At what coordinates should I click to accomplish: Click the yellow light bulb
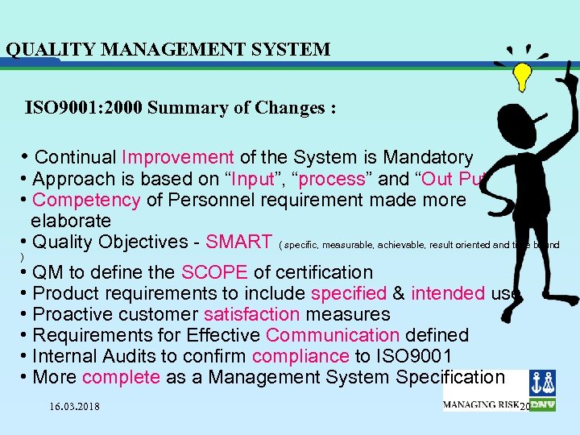pyautogui.click(x=522, y=77)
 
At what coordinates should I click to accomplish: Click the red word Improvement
pyautogui.click(x=178, y=157)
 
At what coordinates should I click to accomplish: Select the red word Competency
pyautogui.click(x=87, y=199)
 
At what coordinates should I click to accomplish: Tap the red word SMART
pyautogui.click(x=239, y=241)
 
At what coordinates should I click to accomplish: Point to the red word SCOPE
pyautogui.click(x=215, y=272)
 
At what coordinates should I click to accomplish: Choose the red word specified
pyautogui.click(x=349, y=293)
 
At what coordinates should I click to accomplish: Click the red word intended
pyautogui.click(x=448, y=293)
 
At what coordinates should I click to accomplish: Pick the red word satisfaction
pyautogui.click(x=252, y=314)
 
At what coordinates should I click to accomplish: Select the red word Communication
pyautogui.click(x=333, y=335)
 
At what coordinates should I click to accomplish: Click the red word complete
pyautogui.click(x=121, y=377)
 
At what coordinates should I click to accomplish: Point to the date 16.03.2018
pyautogui.click(x=74, y=407)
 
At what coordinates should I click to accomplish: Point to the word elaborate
pyautogui.click(x=71, y=220)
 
